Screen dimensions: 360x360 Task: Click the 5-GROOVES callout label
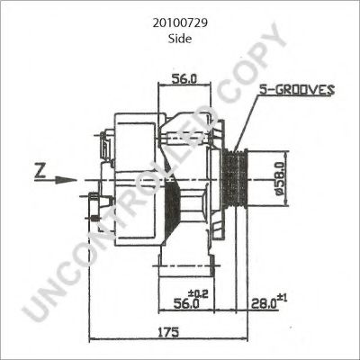click(x=296, y=89)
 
